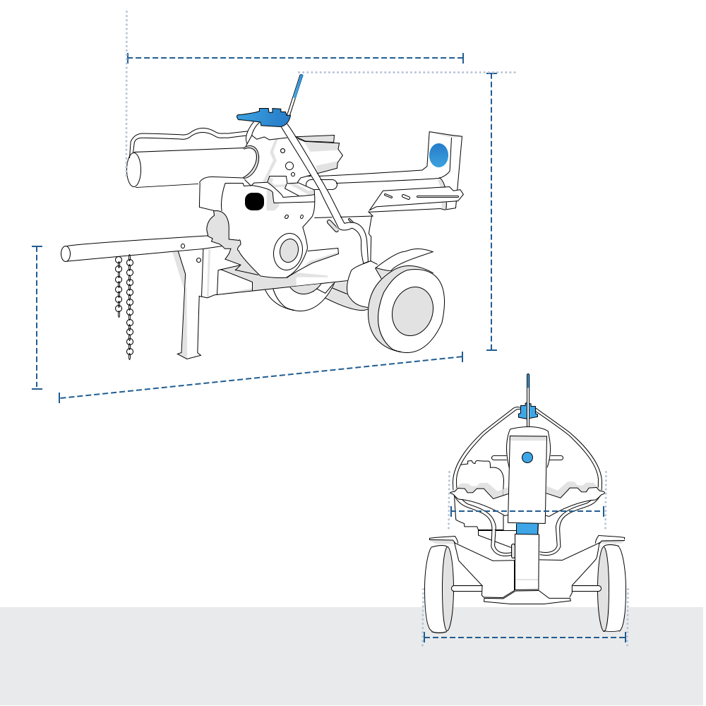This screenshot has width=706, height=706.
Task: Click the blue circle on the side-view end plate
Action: [438, 155]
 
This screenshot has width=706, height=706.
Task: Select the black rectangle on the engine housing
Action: [254, 201]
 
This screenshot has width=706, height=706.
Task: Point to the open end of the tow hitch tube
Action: [66, 253]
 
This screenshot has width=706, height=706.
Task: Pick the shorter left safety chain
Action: [119, 286]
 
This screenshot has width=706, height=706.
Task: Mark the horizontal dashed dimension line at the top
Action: [295, 58]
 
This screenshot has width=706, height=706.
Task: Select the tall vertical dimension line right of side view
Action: [492, 212]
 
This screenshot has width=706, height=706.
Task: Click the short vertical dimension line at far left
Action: [37, 318]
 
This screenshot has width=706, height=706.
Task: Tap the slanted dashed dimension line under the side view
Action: [261, 378]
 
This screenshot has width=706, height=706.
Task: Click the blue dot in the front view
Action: [527, 457]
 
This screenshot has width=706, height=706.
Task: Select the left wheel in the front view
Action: [439, 589]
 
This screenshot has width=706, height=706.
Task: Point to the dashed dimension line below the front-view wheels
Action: [525, 638]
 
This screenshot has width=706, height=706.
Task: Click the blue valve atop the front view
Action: [528, 411]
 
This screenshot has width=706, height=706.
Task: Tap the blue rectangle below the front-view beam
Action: [527, 528]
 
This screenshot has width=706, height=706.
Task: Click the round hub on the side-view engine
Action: [289, 250]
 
